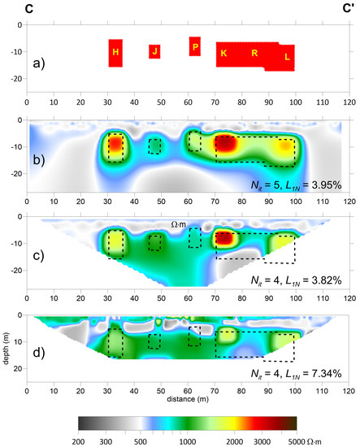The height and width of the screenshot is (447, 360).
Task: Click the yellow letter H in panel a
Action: click(x=115, y=52)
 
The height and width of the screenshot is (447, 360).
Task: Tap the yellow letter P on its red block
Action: click(x=195, y=47)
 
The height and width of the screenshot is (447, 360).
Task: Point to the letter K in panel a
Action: click(x=223, y=54)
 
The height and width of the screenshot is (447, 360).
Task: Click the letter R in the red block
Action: click(x=254, y=54)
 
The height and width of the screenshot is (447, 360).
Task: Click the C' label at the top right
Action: click(x=346, y=9)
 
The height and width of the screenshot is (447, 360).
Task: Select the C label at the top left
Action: click(x=28, y=9)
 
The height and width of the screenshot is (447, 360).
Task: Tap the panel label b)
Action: click(x=37, y=161)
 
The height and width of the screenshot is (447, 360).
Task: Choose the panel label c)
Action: click(x=37, y=254)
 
